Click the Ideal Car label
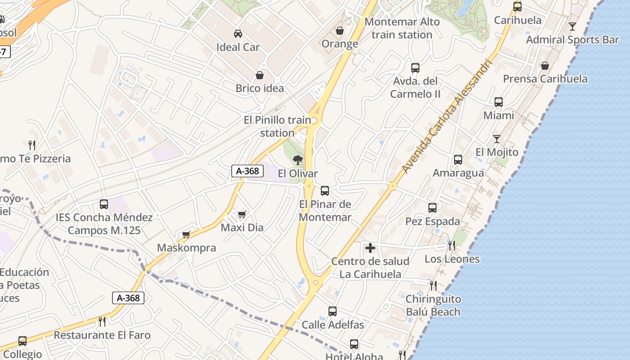point(238,47)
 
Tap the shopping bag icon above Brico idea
point(260,75)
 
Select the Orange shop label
point(340,44)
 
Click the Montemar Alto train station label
point(402,28)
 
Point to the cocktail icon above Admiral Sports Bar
point(572,27)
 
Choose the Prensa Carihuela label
point(545,79)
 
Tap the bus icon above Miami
point(499,102)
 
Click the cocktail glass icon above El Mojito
point(496,139)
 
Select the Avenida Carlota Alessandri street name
point(448,116)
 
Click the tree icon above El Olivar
point(297,160)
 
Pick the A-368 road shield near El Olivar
point(247,171)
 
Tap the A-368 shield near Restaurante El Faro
point(128,297)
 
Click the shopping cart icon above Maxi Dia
point(242,214)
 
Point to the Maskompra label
point(186,248)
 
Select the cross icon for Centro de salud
point(370,248)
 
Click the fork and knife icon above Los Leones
point(451,245)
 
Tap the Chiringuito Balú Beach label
point(433,306)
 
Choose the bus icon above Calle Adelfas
point(333,311)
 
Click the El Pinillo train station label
point(277,126)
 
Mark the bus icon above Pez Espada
point(432,208)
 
